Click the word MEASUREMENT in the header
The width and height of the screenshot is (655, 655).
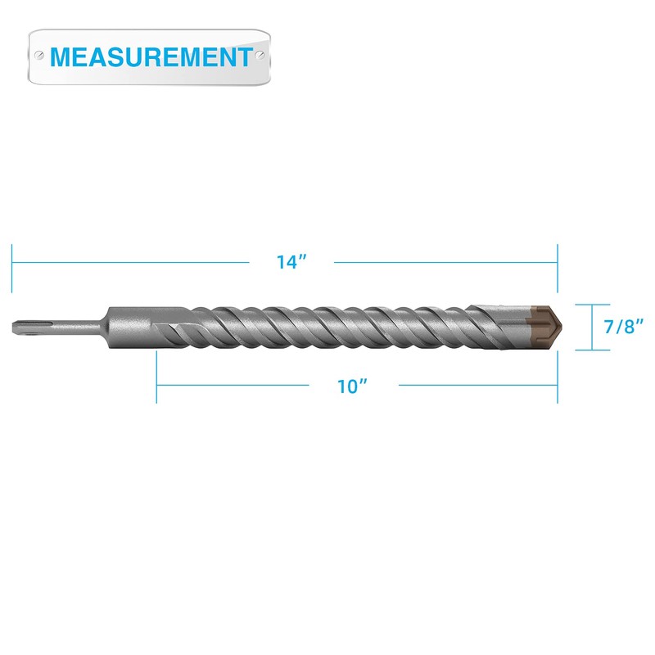151,56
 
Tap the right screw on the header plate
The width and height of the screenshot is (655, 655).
260,56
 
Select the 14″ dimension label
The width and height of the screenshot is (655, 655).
291,263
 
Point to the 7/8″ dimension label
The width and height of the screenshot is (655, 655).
622,326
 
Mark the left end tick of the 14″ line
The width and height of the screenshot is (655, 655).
12,267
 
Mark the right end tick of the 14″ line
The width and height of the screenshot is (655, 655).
558,267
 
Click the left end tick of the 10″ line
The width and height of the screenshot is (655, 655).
156,377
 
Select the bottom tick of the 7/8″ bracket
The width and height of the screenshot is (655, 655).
582,350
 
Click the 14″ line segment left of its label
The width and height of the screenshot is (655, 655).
131,263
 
